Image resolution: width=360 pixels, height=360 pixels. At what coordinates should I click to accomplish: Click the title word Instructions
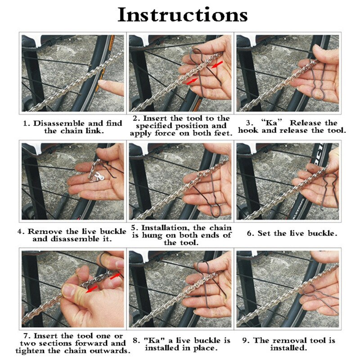point(183,15)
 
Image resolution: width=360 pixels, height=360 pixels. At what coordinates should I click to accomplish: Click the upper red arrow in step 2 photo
point(217,64)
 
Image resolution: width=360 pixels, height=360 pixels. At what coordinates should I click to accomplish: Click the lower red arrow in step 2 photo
point(192,81)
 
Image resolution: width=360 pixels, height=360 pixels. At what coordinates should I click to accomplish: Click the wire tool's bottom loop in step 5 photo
point(216,211)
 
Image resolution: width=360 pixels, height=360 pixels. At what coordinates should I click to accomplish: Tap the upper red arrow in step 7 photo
point(116,276)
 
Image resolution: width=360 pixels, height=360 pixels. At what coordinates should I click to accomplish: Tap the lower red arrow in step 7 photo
point(92,289)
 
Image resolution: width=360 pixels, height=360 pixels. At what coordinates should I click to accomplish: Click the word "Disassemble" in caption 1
point(59,123)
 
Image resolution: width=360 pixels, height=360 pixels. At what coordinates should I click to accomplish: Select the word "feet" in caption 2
point(223,133)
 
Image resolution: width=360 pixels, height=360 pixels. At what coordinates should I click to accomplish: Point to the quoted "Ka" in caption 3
point(272,123)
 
